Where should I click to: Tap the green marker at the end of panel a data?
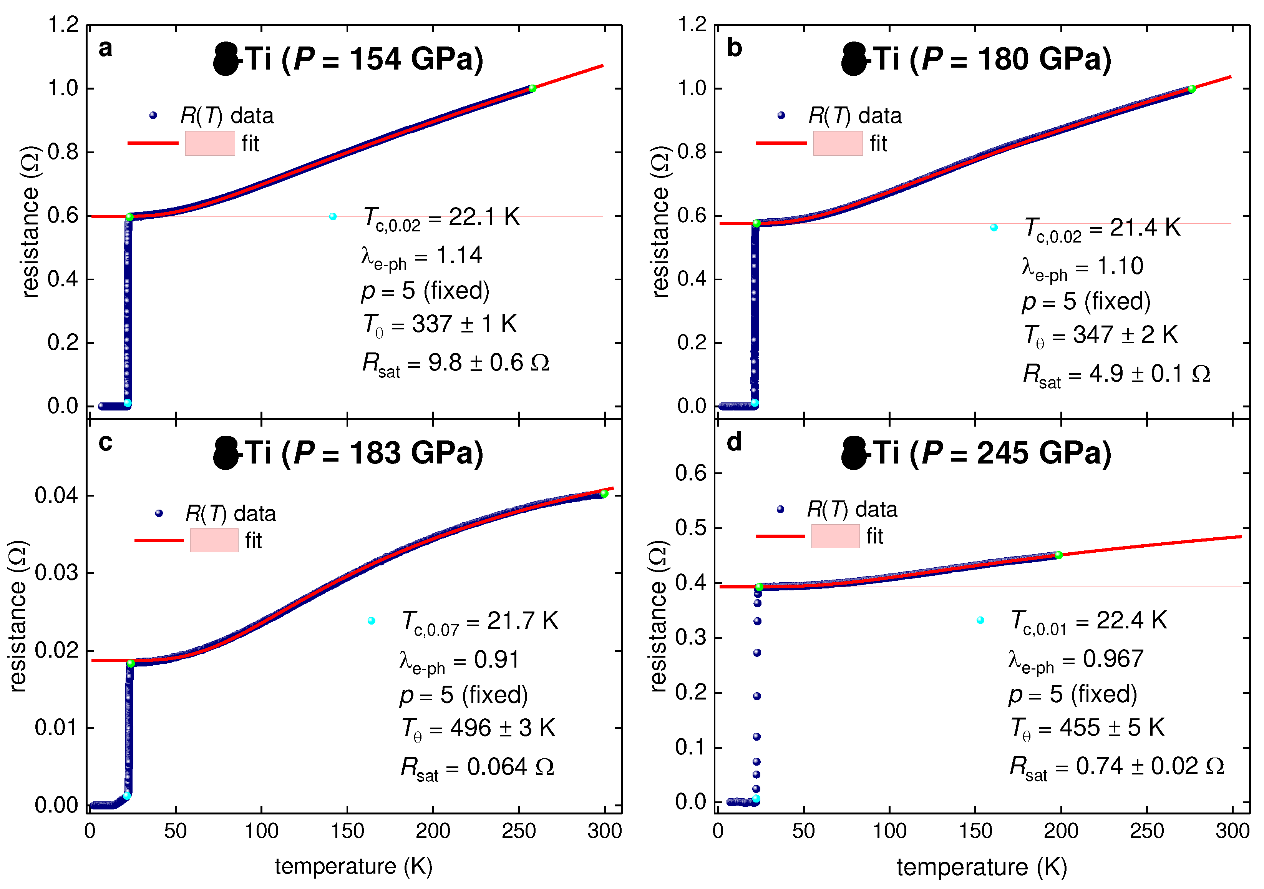pyautogui.click(x=532, y=89)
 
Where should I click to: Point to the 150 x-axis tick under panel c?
pyautogui.click(x=347, y=831)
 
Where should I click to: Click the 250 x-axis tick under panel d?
pyautogui.click(x=1147, y=831)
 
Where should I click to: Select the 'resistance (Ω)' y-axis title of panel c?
pyautogui.click(x=18, y=616)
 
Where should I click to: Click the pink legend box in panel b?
pyautogui.click(x=837, y=144)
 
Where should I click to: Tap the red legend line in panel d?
pyautogui.click(x=780, y=536)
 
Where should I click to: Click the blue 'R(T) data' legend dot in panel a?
pyautogui.click(x=153, y=115)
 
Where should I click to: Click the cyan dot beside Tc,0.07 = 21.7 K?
pyautogui.click(x=372, y=621)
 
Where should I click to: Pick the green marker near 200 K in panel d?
pyautogui.click(x=1058, y=555)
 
